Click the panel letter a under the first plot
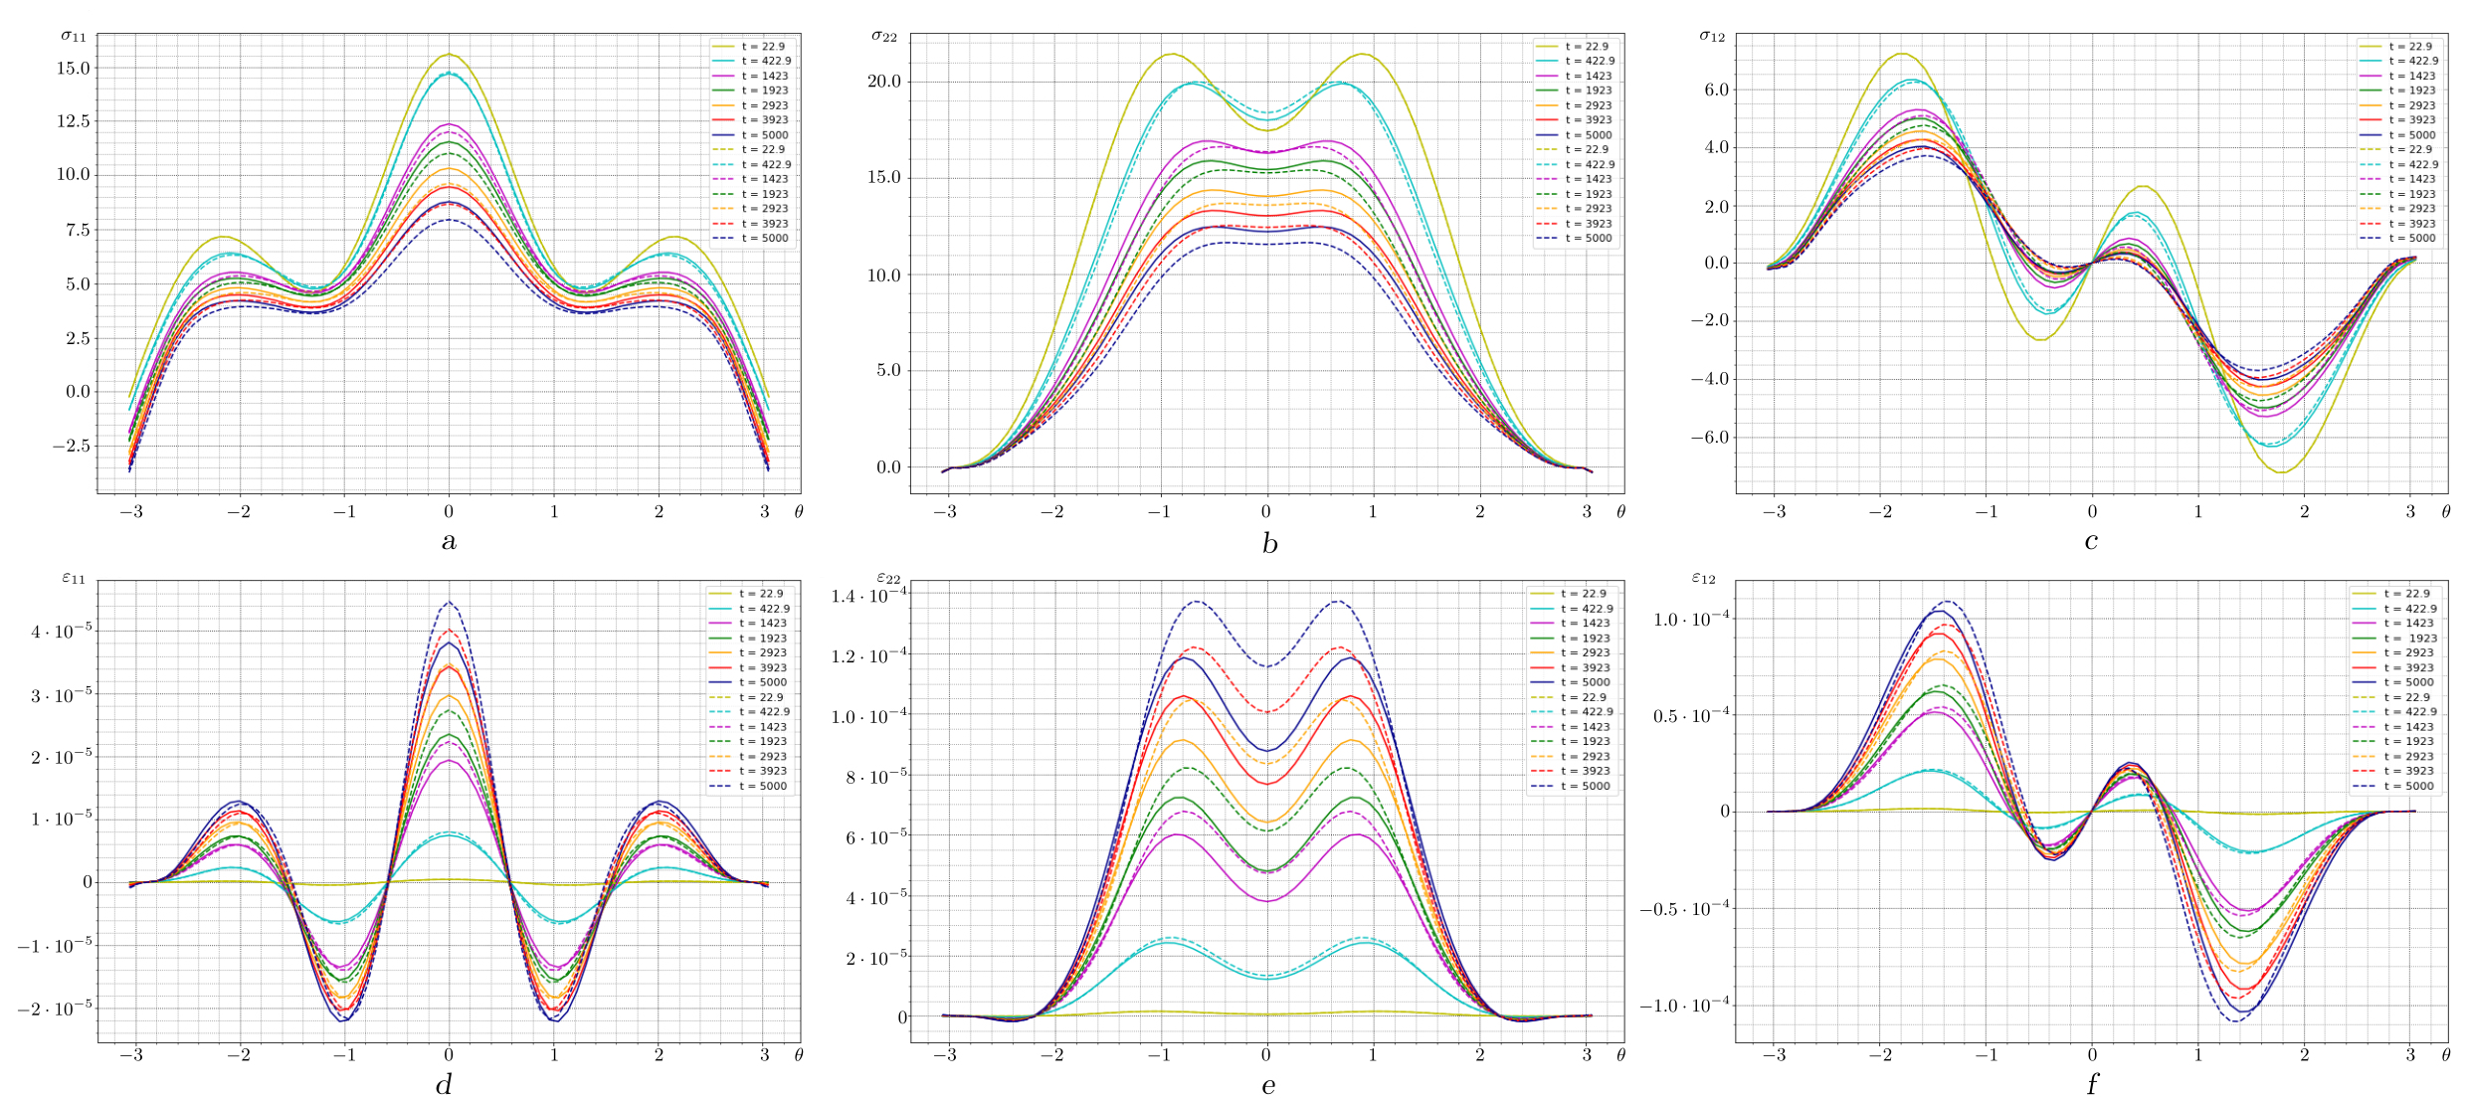[x=449, y=541]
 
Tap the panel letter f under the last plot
[x=2091, y=1083]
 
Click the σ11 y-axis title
[x=74, y=37]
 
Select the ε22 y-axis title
[x=888, y=578]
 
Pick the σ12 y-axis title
[x=1711, y=37]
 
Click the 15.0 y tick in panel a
[x=73, y=69]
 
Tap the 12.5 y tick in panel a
[x=73, y=121]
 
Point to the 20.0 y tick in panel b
[x=883, y=82]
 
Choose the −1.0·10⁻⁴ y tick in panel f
[x=1684, y=1006]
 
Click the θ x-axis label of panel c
[x=2445, y=512]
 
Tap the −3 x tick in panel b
[x=944, y=512]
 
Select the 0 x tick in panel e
[x=1265, y=1054]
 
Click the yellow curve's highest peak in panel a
[x=449, y=55]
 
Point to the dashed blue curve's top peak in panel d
[x=449, y=602]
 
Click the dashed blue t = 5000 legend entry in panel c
[x=2397, y=239]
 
